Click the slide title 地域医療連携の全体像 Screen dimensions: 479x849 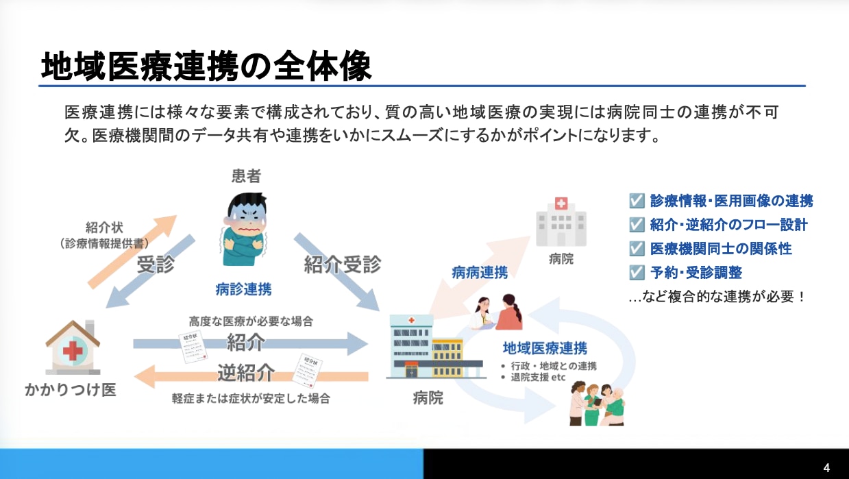(206, 66)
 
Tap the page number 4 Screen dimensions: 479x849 (826, 468)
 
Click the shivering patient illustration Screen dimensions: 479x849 (245, 229)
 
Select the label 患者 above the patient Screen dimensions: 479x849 (246, 177)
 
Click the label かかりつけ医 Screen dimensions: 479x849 (71, 390)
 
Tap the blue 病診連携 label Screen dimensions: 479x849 (243, 289)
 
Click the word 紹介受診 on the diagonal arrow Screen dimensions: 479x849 (342, 264)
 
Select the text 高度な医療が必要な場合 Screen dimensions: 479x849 (251, 321)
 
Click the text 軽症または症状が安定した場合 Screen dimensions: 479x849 (251, 398)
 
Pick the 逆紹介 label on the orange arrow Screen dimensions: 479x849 (246, 373)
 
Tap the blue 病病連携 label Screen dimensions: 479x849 (480, 272)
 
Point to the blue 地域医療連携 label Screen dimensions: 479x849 (545, 348)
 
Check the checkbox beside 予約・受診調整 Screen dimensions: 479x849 (637, 272)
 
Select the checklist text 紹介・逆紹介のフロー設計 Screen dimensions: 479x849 (728, 225)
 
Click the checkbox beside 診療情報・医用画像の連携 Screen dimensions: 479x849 (637, 201)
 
